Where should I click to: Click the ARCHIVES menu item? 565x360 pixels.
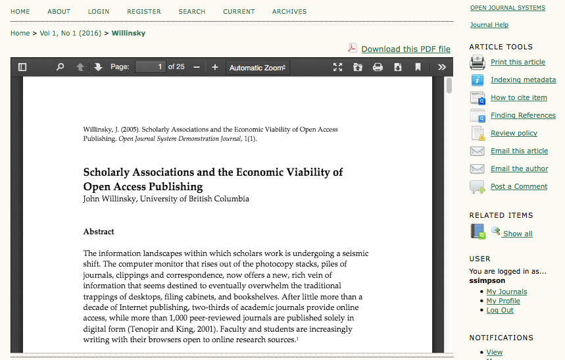click(289, 12)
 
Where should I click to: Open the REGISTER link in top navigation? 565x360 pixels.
click(144, 12)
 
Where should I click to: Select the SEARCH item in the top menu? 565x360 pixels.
click(192, 12)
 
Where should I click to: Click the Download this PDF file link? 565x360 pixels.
click(406, 49)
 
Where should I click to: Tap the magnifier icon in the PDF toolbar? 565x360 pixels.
click(61, 67)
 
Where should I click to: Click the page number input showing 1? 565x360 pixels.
click(150, 67)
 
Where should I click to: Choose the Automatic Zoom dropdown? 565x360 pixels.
click(257, 67)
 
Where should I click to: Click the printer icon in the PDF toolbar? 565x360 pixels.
click(378, 67)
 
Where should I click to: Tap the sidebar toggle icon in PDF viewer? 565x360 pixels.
click(22, 67)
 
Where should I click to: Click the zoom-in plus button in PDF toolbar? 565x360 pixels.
click(214, 67)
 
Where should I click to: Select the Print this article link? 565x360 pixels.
click(518, 62)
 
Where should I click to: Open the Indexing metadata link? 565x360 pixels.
click(523, 80)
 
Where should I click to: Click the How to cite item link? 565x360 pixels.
click(518, 97)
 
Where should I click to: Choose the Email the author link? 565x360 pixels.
click(519, 168)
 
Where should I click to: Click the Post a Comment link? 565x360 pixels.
click(519, 186)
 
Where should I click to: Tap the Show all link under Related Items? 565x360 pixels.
click(518, 234)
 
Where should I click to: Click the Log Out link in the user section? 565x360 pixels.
click(500, 310)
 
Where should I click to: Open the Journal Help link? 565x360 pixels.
click(489, 25)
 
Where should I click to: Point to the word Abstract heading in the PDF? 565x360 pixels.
click(99, 232)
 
